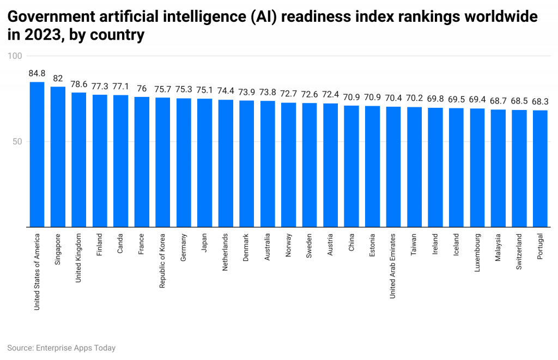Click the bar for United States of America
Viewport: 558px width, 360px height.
click(x=37, y=155)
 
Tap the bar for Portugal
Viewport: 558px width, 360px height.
click(x=540, y=169)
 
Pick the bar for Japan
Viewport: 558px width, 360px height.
click(x=205, y=163)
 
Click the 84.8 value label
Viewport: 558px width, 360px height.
click(x=37, y=73)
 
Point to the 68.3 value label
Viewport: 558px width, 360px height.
click(x=540, y=101)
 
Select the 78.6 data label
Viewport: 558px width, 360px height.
click(x=79, y=84)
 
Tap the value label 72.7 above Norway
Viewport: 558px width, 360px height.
click(x=288, y=94)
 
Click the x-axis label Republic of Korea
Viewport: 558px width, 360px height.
click(x=163, y=261)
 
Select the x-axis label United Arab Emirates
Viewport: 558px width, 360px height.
click(x=393, y=266)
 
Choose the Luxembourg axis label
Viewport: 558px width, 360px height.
click(x=477, y=252)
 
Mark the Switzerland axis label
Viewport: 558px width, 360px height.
click(x=519, y=252)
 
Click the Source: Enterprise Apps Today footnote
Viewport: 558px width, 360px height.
click(x=62, y=347)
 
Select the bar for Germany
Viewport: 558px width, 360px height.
click(x=184, y=163)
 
